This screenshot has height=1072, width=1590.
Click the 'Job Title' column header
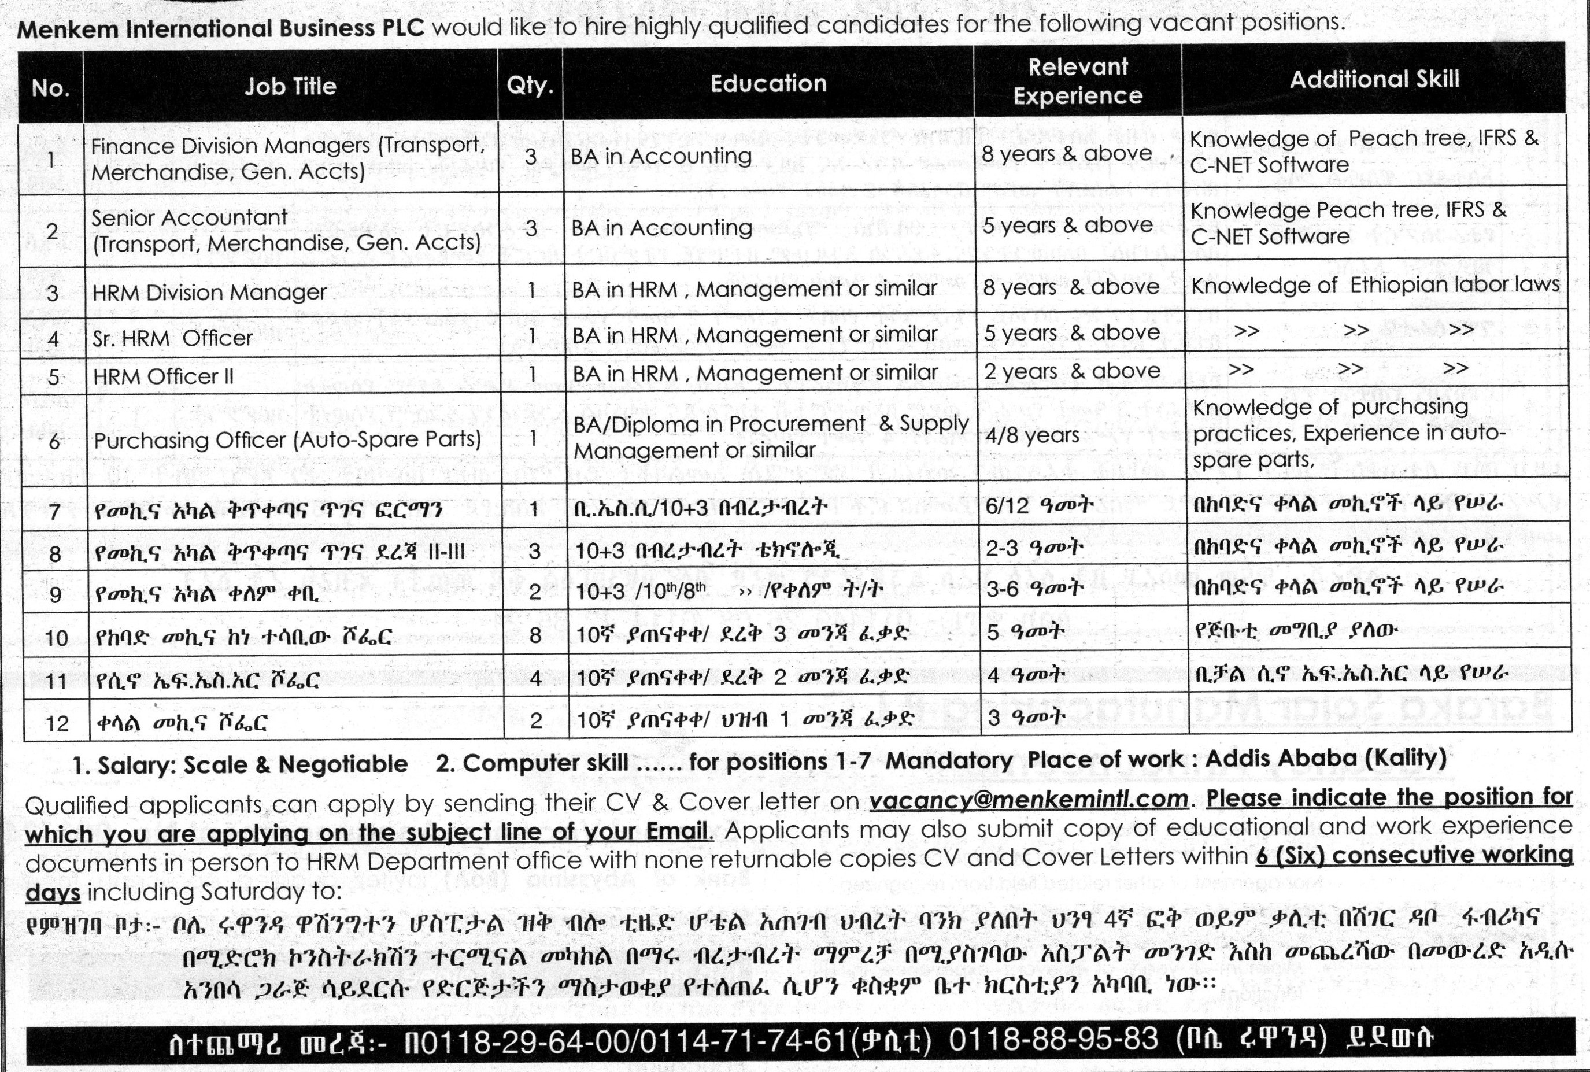pos(290,86)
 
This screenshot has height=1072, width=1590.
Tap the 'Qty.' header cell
pos(530,86)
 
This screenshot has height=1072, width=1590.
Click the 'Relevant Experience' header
pos(1078,82)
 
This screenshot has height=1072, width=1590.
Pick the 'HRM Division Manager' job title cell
pos(210,293)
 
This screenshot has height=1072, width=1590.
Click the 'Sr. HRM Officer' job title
pos(172,338)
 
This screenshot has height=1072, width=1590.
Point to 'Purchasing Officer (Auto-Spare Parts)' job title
pos(287,439)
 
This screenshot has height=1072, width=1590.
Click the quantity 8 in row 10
pos(535,635)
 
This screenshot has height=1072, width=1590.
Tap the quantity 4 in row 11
pos(535,678)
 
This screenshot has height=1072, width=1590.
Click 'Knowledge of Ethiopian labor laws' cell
pos(1375,285)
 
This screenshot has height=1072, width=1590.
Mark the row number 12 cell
pos(57,723)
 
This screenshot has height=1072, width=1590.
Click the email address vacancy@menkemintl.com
pos(1029,799)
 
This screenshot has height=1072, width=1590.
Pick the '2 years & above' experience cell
pos(1072,372)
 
